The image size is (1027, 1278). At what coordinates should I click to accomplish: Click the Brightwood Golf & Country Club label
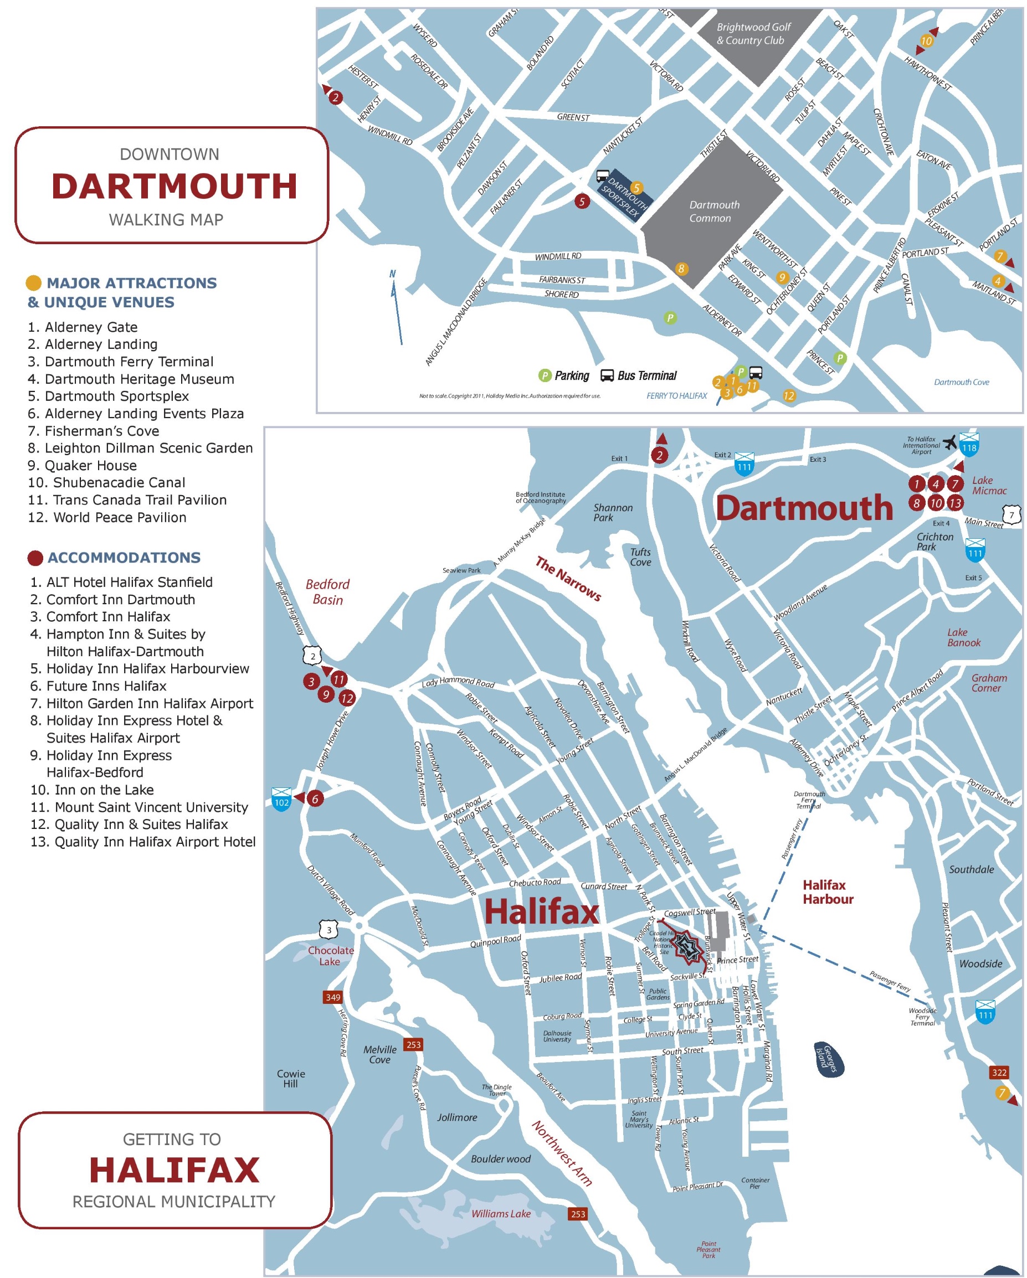tap(753, 34)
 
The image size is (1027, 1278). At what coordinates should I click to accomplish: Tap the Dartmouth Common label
tap(713, 212)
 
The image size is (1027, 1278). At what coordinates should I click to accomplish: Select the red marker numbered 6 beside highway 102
tap(315, 798)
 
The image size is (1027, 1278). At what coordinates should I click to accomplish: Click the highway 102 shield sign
tap(281, 800)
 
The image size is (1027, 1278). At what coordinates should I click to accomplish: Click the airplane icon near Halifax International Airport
tap(950, 442)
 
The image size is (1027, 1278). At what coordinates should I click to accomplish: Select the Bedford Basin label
tap(327, 591)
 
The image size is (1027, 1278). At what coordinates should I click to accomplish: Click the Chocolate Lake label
tap(330, 956)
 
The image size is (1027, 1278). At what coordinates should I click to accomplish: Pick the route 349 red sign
tap(333, 997)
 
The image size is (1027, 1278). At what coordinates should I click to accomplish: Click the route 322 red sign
tap(999, 1073)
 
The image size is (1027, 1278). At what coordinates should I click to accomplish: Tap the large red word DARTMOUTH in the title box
tap(174, 186)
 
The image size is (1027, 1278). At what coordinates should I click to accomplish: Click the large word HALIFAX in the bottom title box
tap(174, 1170)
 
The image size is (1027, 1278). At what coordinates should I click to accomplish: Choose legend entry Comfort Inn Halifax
tap(101, 616)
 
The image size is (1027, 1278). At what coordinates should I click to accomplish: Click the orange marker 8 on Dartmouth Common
tap(681, 269)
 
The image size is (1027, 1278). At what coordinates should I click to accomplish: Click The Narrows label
tap(568, 579)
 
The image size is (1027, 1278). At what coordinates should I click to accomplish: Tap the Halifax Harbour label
tap(827, 892)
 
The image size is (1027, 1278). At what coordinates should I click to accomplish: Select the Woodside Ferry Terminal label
tap(922, 1017)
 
